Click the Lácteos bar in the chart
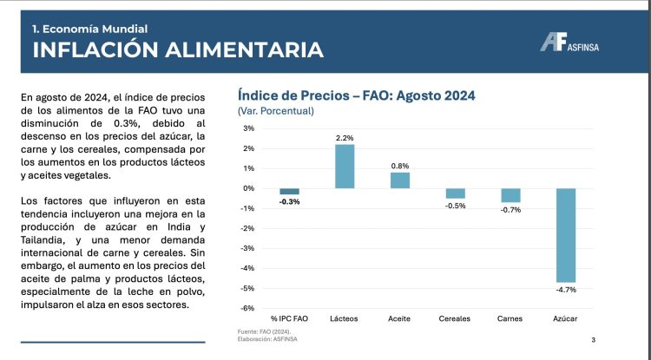coord(345,166)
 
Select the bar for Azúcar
coord(566,234)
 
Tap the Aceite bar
coord(399,180)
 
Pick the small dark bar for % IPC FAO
coord(289,191)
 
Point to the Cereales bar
coord(455,193)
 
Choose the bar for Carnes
coord(510,195)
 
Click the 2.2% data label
coord(345,137)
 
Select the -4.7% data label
coord(566,289)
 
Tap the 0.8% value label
coord(399,165)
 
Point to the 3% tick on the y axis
coord(248,128)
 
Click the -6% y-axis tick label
coord(247,308)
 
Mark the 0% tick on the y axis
coord(248,188)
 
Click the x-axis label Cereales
coord(455,318)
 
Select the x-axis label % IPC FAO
coord(289,318)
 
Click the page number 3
coord(592,339)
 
